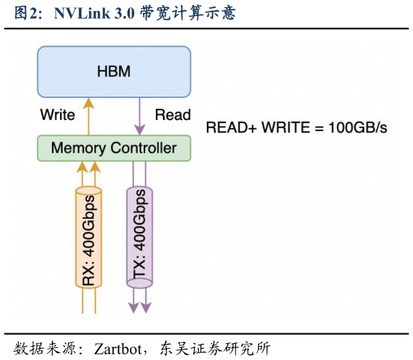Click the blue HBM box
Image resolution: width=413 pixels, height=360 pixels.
[x=114, y=72]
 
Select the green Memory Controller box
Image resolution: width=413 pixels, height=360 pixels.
[x=114, y=148]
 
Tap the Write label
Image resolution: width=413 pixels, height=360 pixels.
[x=58, y=114]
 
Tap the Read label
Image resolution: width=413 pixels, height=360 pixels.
[x=172, y=114]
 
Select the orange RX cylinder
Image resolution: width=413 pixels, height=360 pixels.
[x=88, y=237]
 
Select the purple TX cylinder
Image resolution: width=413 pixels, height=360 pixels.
[x=139, y=237]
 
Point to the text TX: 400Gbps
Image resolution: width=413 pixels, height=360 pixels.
[x=139, y=237]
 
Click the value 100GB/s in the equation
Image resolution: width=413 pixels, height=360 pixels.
[x=358, y=128]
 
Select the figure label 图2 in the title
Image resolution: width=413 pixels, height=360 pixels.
[x=25, y=13]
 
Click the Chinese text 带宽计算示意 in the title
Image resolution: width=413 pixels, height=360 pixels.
[x=189, y=13]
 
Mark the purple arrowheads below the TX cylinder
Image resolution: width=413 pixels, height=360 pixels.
[x=139, y=306]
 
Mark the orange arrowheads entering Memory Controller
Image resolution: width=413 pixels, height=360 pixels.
[x=88, y=167]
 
